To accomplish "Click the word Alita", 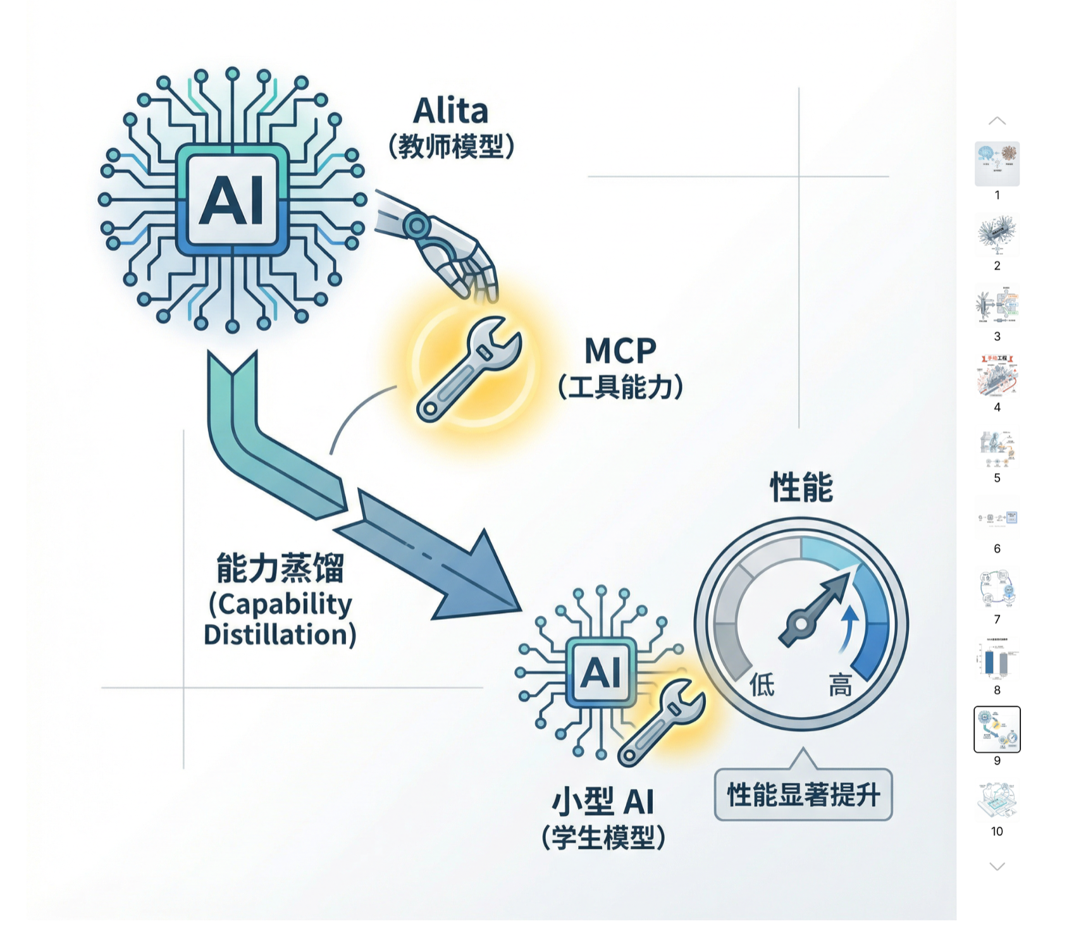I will pyautogui.click(x=450, y=111).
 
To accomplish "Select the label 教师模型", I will pyautogui.click(x=450, y=147).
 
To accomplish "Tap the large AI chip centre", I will pyautogui.click(x=232, y=200).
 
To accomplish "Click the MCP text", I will pyautogui.click(x=620, y=351).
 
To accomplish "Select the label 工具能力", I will pyautogui.click(x=620, y=387).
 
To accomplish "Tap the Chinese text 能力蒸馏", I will pyautogui.click(x=280, y=567).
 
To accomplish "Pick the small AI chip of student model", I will pyautogui.click(x=600, y=672).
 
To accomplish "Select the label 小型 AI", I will pyautogui.click(x=602, y=802).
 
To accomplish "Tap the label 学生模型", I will pyautogui.click(x=603, y=839).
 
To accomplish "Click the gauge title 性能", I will pyautogui.click(x=801, y=488).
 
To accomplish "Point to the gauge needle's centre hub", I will pyautogui.click(x=801, y=624).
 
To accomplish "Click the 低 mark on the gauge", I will pyautogui.click(x=762, y=685).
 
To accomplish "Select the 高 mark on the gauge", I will pyautogui.click(x=840, y=685).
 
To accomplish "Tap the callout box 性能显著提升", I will pyautogui.click(x=803, y=795).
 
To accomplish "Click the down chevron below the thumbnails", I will pyautogui.click(x=997, y=866).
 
